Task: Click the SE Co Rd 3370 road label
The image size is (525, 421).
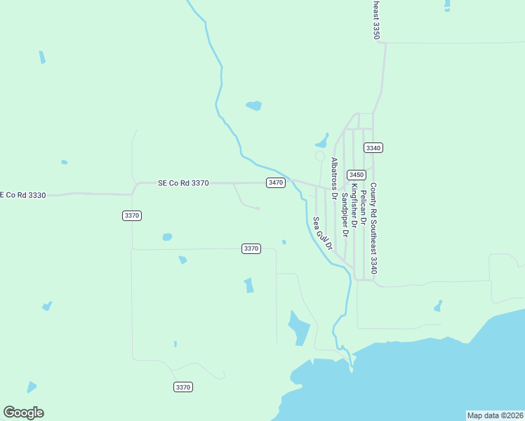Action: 183,183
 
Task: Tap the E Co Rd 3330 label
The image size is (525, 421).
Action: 23,195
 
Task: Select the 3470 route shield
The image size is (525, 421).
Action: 276,182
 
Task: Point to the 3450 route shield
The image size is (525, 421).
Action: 357,175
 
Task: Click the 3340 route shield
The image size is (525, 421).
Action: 373,148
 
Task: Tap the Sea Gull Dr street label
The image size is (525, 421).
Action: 321,234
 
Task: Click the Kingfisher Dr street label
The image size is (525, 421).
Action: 354,205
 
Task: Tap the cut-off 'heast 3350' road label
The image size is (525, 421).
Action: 376,19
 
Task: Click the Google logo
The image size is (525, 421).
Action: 23,413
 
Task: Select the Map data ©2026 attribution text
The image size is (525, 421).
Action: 495,415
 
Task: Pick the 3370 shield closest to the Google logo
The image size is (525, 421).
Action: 182,387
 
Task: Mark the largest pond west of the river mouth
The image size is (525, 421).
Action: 299,327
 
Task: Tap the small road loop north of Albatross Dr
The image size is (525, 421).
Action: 320,156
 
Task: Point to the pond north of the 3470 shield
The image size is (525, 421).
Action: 254,106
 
